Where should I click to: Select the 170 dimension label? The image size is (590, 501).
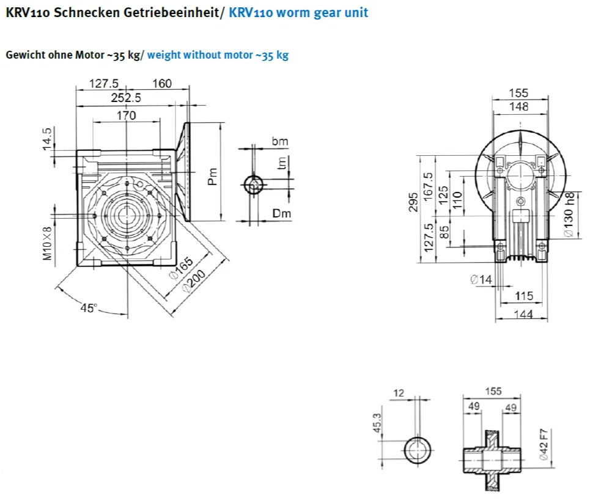pyautogui.click(x=126, y=115)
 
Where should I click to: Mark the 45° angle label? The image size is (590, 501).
pyautogui.click(x=89, y=308)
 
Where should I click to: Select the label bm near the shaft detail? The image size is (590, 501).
pyautogui.click(x=280, y=141)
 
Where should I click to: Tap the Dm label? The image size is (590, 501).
pyautogui.click(x=281, y=213)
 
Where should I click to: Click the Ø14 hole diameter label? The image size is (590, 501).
pyautogui.click(x=481, y=279)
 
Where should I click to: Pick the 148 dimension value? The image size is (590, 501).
pyautogui.click(x=518, y=107)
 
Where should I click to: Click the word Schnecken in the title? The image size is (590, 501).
pyautogui.click(x=83, y=12)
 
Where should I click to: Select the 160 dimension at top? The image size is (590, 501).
pyautogui.click(x=162, y=84)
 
